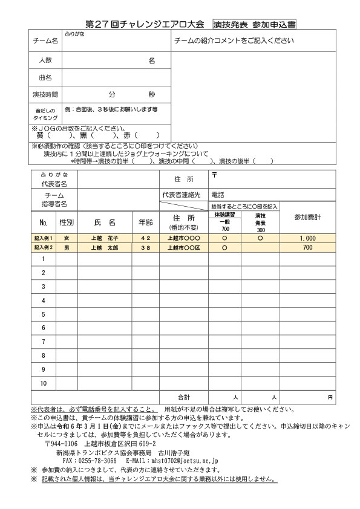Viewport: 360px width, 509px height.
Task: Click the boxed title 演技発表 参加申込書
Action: point(254,25)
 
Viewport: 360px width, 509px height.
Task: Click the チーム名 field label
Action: point(45,41)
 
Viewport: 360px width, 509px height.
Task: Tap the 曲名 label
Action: point(45,77)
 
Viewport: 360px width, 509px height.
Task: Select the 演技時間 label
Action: point(45,95)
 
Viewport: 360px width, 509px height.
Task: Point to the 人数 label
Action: point(45,60)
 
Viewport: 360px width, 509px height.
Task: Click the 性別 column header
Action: point(67,222)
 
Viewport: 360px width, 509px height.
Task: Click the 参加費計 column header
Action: point(307,217)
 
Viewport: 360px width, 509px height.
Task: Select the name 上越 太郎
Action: point(104,248)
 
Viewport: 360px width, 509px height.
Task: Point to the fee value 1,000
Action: point(307,238)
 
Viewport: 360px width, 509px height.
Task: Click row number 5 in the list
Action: point(44,314)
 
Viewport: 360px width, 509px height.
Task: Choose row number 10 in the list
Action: point(44,383)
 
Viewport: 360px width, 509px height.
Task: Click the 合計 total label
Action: point(183,397)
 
